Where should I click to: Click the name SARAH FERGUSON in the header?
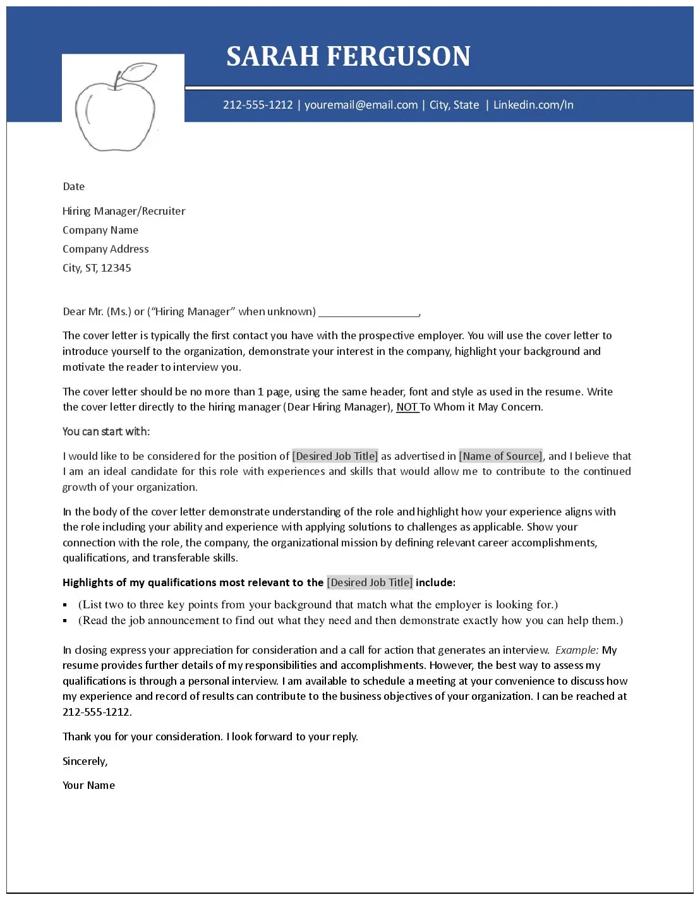(x=348, y=56)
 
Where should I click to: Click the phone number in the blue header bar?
(x=258, y=105)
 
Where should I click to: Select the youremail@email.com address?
(x=361, y=105)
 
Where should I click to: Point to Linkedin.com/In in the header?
(x=533, y=105)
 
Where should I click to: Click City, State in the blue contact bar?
(x=454, y=105)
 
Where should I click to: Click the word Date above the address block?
(x=73, y=186)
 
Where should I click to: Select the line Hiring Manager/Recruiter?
(x=124, y=211)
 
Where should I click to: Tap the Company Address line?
(x=106, y=249)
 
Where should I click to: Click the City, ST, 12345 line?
(x=97, y=268)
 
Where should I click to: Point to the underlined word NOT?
(x=407, y=407)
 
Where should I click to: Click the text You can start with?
(x=106, y=431)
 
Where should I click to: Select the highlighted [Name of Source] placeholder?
(x=500, y=456)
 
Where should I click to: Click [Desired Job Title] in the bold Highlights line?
(x=370, y=582)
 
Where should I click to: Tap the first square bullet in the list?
(x=65, y=605)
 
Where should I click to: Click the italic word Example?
(x=577, y=650)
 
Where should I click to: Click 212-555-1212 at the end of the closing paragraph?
(x=97, y=712)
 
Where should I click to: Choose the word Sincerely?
(x=85, y=761)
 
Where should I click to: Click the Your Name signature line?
(x=88, y=785)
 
